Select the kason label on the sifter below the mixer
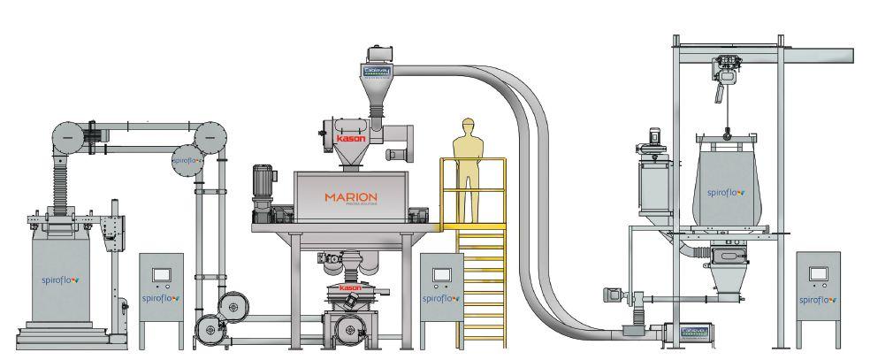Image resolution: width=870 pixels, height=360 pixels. [351, 288]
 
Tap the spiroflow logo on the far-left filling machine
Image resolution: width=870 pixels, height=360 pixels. [61, 282]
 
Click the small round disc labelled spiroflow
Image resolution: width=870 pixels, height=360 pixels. [185, 160]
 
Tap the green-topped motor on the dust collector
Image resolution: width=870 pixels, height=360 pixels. [656, 139]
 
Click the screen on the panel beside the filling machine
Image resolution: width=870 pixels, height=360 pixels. [161, 274]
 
